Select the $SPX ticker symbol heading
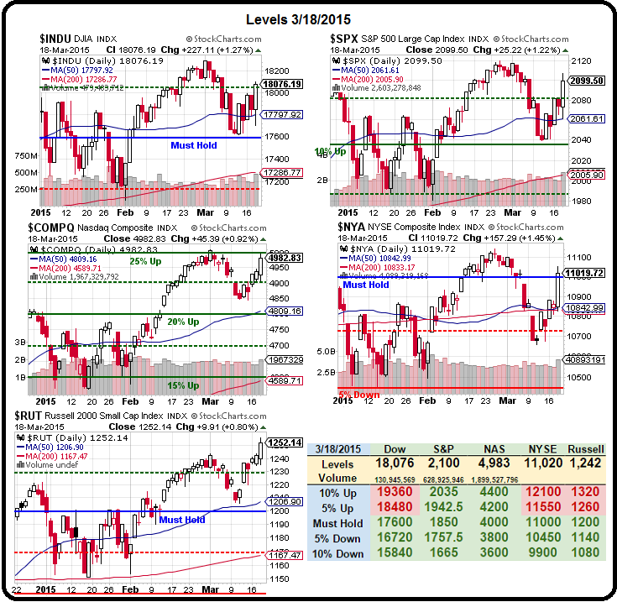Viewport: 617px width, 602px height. coord(346,39)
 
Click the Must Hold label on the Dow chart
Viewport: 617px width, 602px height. coord(194,146)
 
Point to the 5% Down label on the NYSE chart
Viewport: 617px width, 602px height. coord(359,395)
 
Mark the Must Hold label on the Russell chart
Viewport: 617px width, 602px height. coord(181,520)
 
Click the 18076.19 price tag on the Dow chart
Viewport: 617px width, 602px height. coord(282,85)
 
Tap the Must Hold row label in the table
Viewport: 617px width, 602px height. coord(336,523)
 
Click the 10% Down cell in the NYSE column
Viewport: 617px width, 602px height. coord(541,553)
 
